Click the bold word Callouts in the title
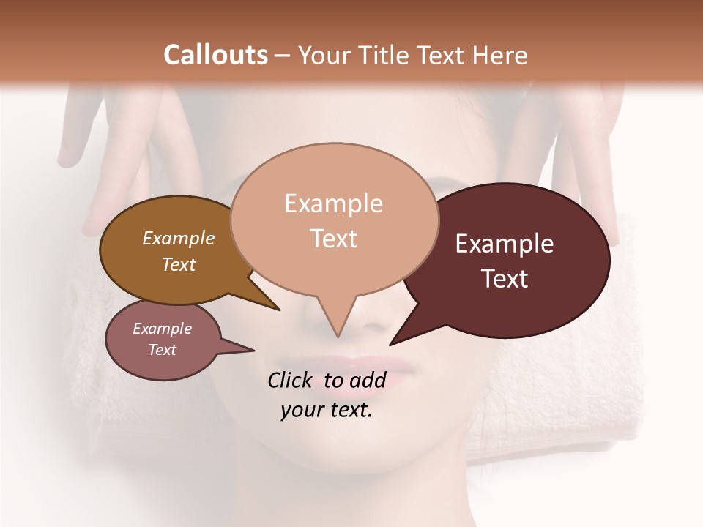(x=215, y=55)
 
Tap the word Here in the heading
(x=499, y=56)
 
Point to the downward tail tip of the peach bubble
(x=338, y=337)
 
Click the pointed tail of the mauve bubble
(x=253, y=350)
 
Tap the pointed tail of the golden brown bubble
(x=278, y=309)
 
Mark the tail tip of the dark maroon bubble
(x=390, y=344)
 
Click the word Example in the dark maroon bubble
(x=505, y=244)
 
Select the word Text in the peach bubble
(x=334, y=239)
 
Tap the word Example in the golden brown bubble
(x=179, y=238)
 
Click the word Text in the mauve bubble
(x=163, y=350)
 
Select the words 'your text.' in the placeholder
(x=327, y=410)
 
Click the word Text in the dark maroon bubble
(x=505, y=279)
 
